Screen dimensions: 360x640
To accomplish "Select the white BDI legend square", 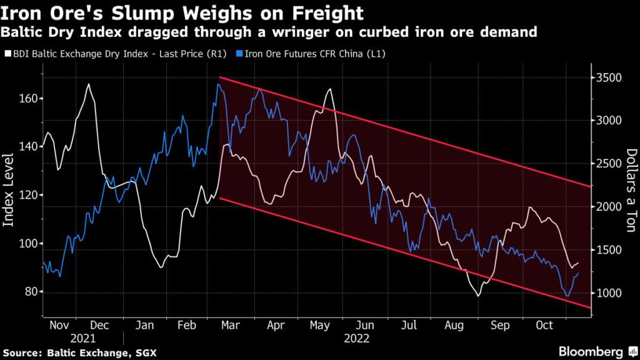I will click(7, 54).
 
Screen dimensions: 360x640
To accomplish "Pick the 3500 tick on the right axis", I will click(609, 78).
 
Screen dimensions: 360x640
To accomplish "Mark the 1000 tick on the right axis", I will click(609, 293).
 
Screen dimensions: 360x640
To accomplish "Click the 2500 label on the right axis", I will click(609, 164).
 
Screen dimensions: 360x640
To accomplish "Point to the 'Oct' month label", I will click(542, 326).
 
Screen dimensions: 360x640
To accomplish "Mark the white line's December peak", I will click(89, 84).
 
